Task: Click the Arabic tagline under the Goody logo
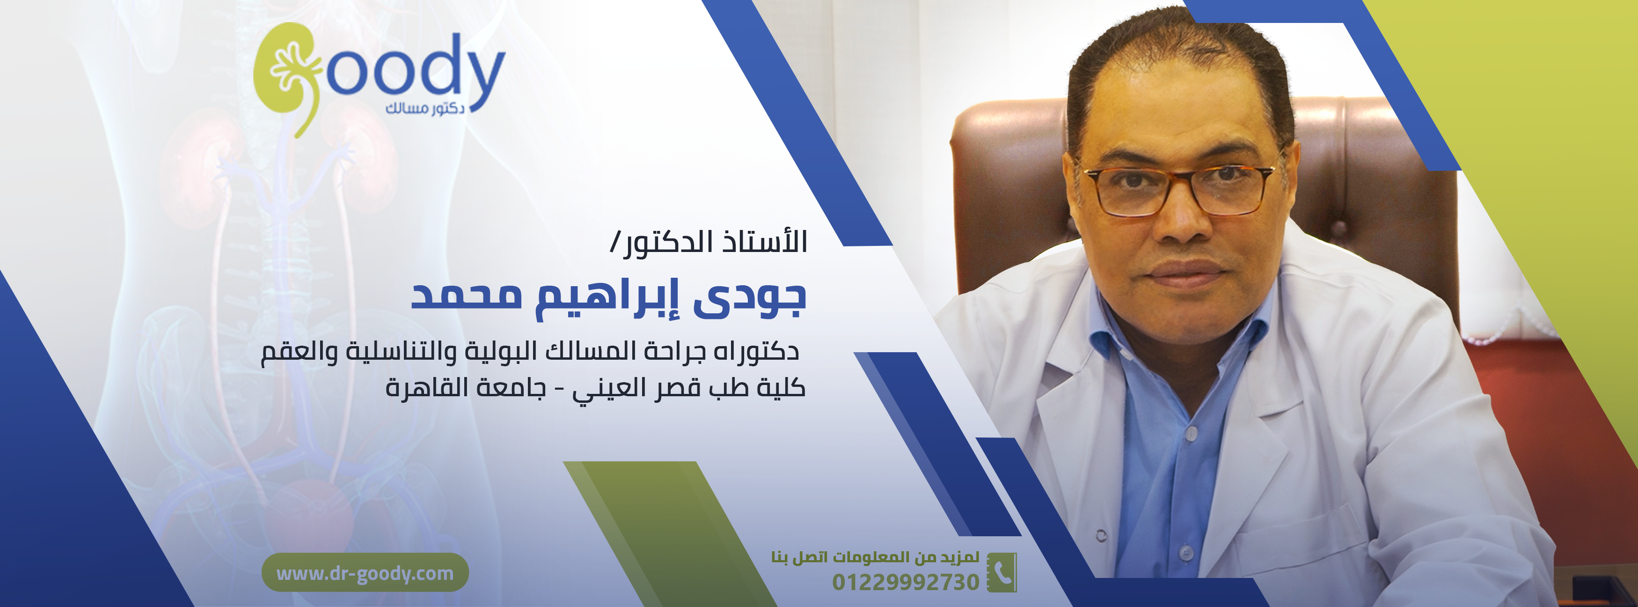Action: tap(425, 108)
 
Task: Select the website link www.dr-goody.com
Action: tap(365, 573)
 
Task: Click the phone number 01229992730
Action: tap(906, 582)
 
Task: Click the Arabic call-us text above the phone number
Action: tap(875, 557)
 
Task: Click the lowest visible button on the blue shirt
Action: tap(1184, 552)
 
